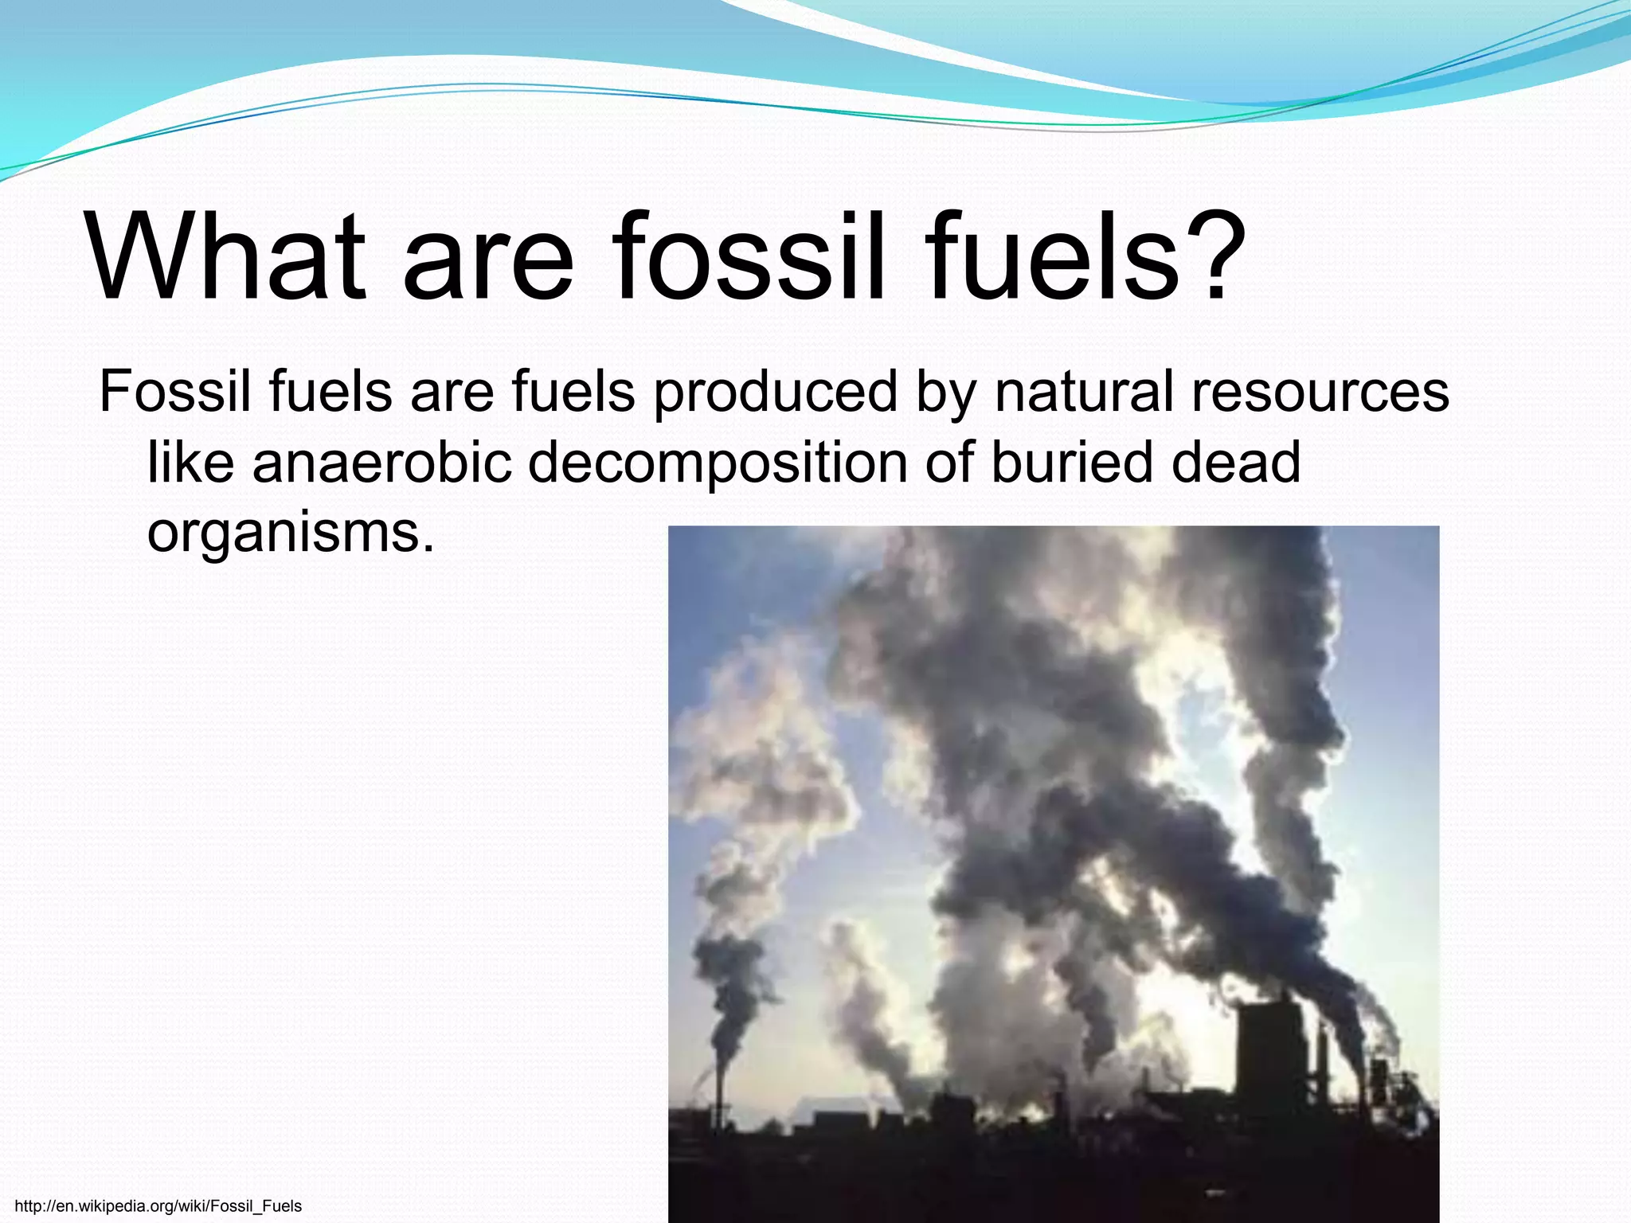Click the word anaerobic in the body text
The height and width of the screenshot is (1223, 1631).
pyautogui.click(x=381, y=463)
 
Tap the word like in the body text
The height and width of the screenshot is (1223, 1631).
pyautogui.click(x=190, y=463)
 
